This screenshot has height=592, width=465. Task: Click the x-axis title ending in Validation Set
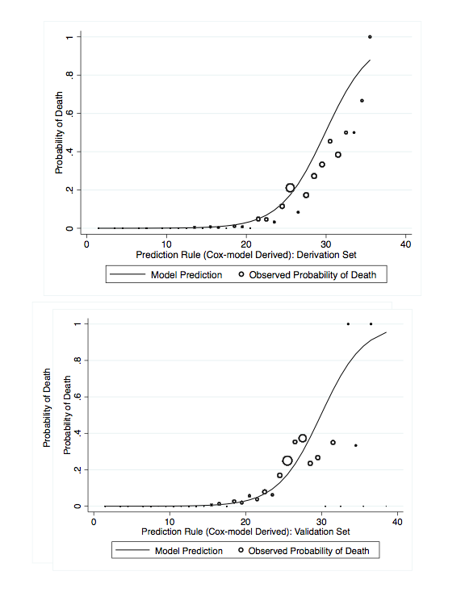[245, 532]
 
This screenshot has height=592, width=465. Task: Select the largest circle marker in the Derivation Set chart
[291, 188]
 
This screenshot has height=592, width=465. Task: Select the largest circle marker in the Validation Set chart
[287, 461]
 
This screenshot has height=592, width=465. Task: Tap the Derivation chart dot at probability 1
[370, 36]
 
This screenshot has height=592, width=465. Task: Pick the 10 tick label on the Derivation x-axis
[165, 244]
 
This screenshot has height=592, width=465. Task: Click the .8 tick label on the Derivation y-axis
[70, 75]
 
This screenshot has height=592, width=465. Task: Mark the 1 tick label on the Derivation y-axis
[70, 37]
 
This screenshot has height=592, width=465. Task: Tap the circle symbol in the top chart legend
[241, 275]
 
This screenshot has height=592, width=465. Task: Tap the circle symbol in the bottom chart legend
[239, 551]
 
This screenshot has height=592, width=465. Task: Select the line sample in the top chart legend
[128, 275]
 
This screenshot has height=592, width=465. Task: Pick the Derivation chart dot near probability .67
[362, 101]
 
